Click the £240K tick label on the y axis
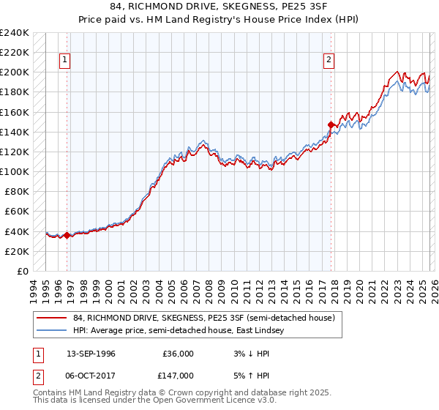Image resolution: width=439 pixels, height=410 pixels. click(x=15, y=33)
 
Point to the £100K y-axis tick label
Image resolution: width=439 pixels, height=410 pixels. click(x=15, y=171)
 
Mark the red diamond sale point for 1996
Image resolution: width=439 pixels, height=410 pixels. click(x=67, y=235)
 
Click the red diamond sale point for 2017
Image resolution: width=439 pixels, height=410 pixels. click(x=331, y=124)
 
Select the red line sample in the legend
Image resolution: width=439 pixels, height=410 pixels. click(x=51, y=318)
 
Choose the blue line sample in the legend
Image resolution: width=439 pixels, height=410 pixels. click(x=51, y=331)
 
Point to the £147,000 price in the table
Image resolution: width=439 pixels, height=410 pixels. click(x=179, y=375)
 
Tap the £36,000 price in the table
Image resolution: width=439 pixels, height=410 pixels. click(x=179, y=354)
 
